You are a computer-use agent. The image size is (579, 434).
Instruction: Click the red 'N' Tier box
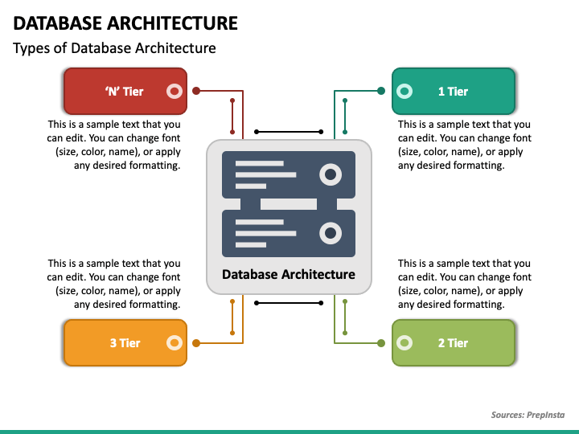(x=125, y=91)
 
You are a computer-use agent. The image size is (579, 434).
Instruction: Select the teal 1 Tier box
(x=454, y=91)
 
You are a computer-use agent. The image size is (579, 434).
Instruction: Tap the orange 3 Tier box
(x=125, y=343)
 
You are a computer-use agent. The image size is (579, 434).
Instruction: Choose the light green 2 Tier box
(x=454, y=343)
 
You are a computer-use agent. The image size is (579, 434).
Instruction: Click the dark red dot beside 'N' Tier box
(x=196, y=91)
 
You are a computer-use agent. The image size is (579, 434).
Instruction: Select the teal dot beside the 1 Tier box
(x=381, y=91)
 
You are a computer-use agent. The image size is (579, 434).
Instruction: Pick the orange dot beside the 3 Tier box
(x=196, y=343)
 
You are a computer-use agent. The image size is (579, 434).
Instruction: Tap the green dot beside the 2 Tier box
(x=381, y=343)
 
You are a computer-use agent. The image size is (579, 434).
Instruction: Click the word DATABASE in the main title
(x=58, y=23)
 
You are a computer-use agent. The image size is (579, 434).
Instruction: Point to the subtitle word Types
(x=31, y=49)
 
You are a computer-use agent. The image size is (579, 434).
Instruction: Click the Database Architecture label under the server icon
(x=289, y=274)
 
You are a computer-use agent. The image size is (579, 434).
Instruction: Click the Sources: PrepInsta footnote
(x=528, y=415)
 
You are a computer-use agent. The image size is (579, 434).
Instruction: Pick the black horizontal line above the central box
(x=289, y=132)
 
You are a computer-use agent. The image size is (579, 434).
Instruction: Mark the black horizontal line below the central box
(x=289, y=303)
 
